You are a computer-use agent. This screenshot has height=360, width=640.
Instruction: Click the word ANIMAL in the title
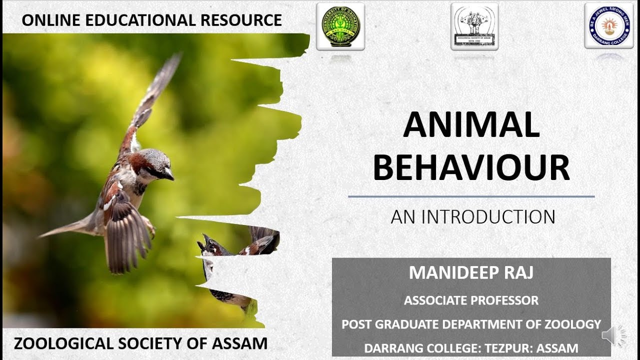tap(471, 125)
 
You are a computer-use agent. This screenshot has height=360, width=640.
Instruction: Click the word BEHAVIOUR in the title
tap(471, 168)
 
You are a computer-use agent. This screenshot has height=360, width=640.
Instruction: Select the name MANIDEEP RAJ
tap(471, 273)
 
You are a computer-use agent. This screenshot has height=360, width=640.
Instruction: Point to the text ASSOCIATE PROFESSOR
tap(471, 300)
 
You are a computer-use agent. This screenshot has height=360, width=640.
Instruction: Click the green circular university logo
tap(340, 26)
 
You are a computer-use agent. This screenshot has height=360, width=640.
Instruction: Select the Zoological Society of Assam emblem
tap(474, 26)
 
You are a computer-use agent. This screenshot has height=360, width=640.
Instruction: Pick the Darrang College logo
tap(608, 25)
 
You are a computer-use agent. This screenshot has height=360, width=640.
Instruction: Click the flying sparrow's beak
tap(169, 174)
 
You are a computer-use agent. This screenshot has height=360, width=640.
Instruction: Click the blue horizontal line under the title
tap(471, 196)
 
